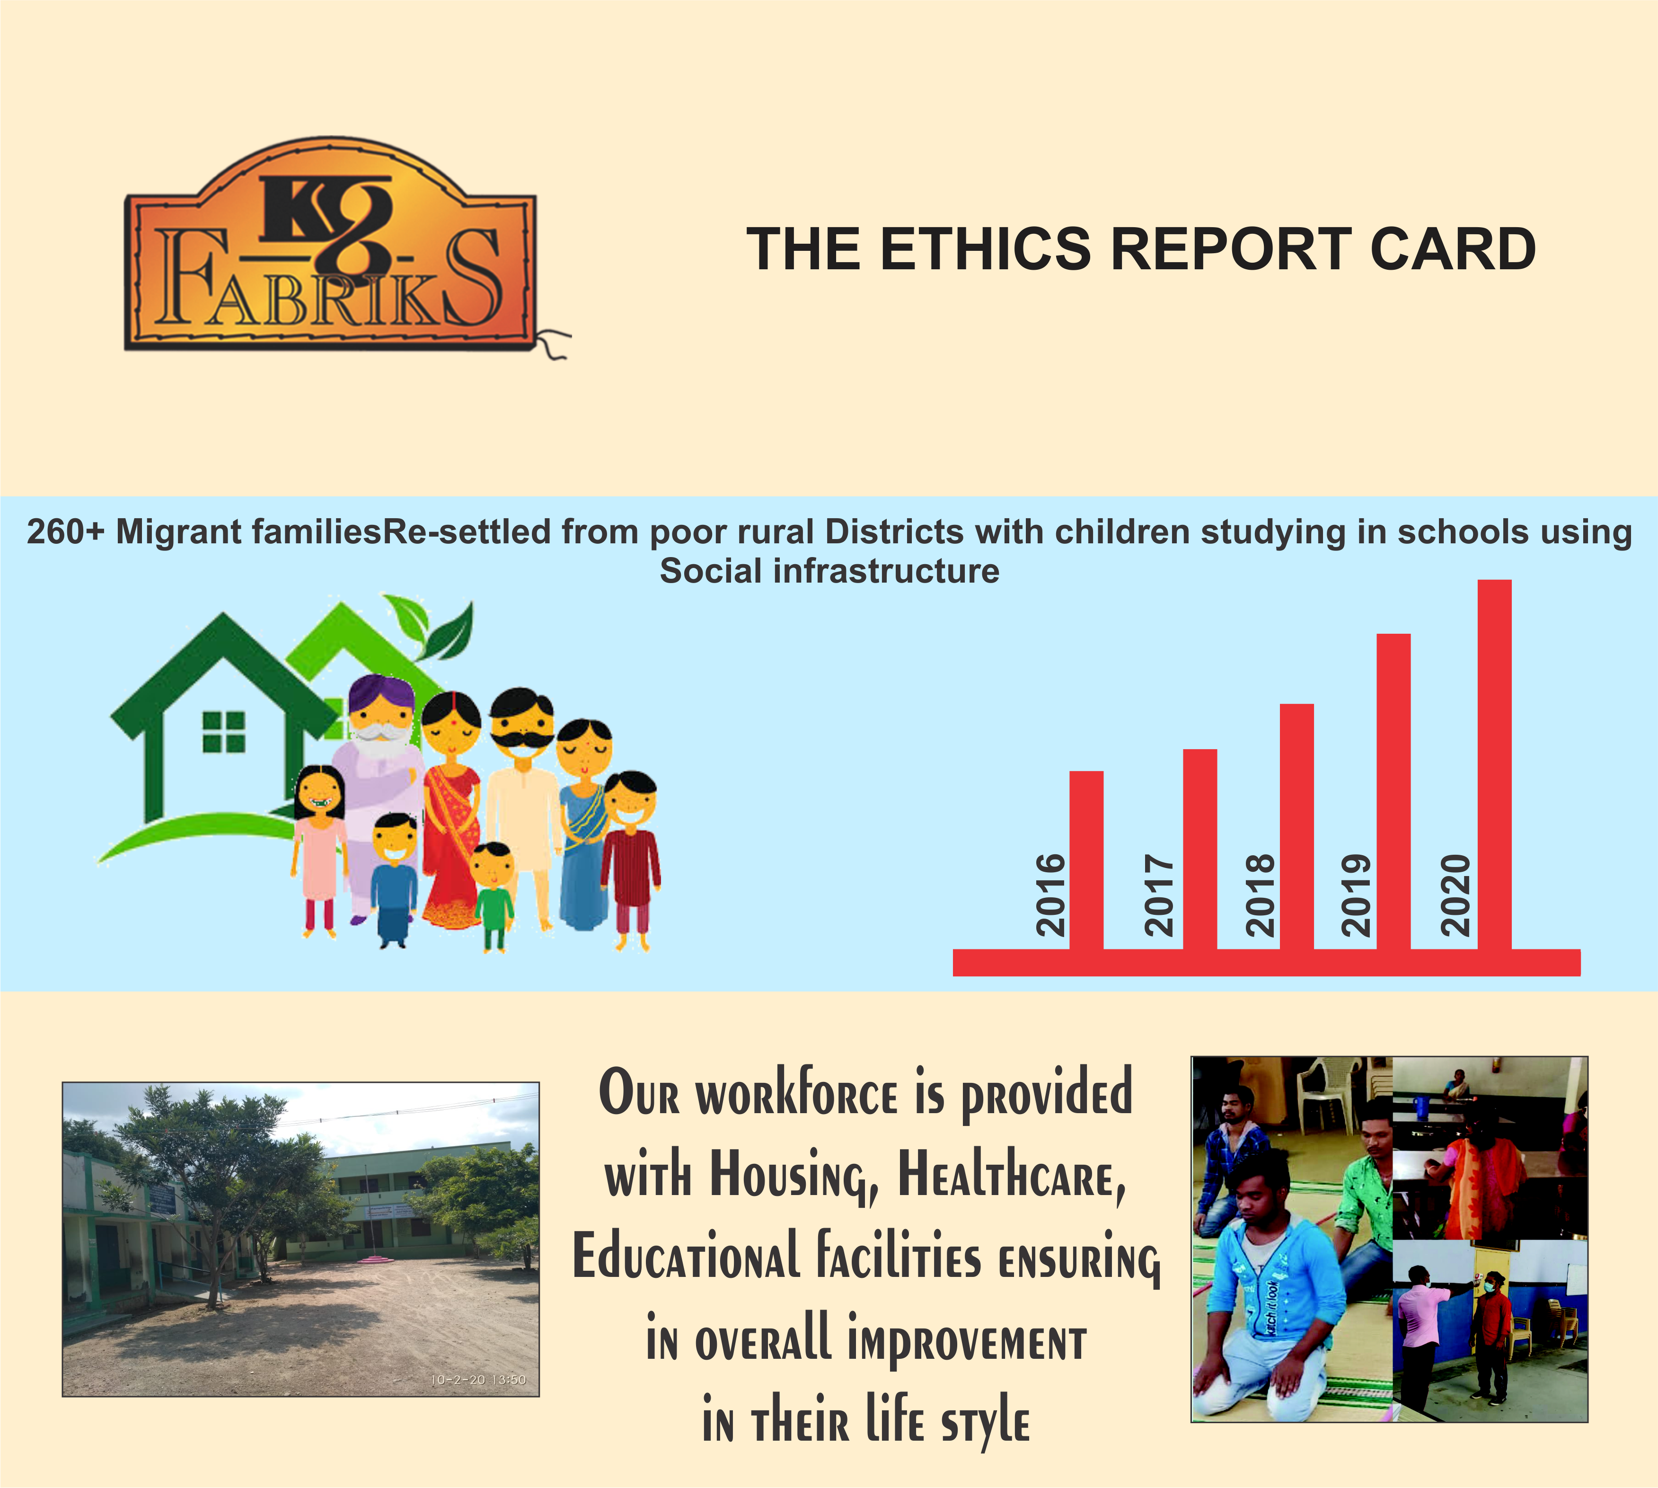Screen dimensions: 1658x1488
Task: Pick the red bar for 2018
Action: (1296, 826)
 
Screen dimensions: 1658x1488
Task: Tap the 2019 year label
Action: (1356, 895)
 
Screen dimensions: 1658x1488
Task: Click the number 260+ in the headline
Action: (65, 532)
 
